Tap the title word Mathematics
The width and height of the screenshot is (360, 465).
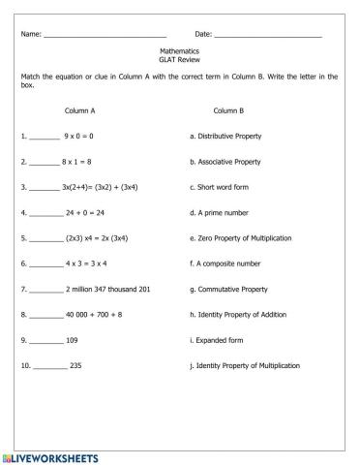(179, 50)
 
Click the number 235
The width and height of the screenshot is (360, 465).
(76, 366)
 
